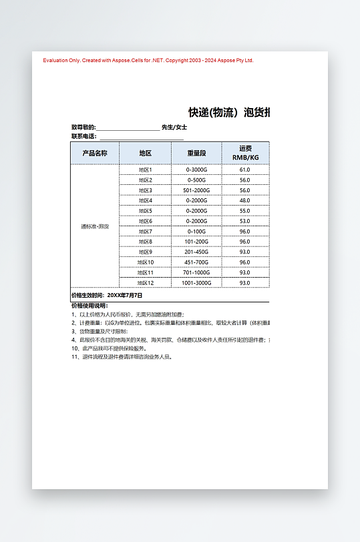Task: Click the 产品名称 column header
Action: (x=94, y=153)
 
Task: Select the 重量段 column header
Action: (x=196, y=153)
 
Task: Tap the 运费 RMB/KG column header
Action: (x=244, y=153)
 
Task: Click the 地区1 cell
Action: (x=146, y=170)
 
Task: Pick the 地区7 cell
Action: (x=146, y=231)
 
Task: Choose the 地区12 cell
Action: (x=146, y=282)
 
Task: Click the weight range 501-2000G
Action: (x=196, y=190)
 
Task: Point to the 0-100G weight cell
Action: (x=196, y=231)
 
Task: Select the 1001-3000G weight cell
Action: (x=196, y=282)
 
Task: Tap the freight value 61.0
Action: (x=244, y=170)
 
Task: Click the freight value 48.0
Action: (x=244, y=200)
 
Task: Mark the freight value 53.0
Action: (x=244, y=221)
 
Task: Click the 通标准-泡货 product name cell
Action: (x=94, y=226)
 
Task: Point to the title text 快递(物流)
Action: (x=213, y=112)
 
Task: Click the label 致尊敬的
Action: (x=83, y=127)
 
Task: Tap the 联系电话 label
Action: (x=83, y=136)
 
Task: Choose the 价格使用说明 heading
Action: (x=89, y=306)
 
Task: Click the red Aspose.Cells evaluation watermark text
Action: (x=148, y=60)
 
